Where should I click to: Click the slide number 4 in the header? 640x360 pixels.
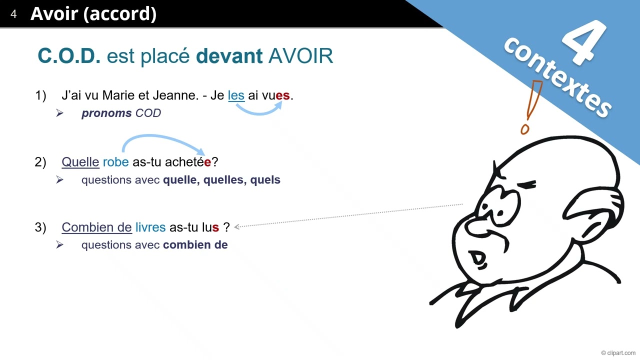tap(13, 14)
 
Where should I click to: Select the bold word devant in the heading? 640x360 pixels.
tap(229, 56)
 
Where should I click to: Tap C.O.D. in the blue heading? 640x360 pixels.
tap(69, 56)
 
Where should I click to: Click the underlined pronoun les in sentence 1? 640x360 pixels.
tap(236, 95)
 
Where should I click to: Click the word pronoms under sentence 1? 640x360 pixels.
tap(106, 113)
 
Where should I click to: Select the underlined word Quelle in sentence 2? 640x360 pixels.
tap(80, 162)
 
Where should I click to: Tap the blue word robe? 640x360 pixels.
tap(115, 162)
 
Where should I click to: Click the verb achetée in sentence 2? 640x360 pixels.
tap(188, 162)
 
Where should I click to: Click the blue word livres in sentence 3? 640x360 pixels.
tap(150, 227)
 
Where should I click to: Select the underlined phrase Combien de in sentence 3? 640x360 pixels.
tap(96, 227)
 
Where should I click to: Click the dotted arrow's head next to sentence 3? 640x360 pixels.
tap(237, 226)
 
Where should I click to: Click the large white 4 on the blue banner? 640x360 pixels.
tap(585, 42)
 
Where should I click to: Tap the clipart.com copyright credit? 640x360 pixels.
tap(618, 353)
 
